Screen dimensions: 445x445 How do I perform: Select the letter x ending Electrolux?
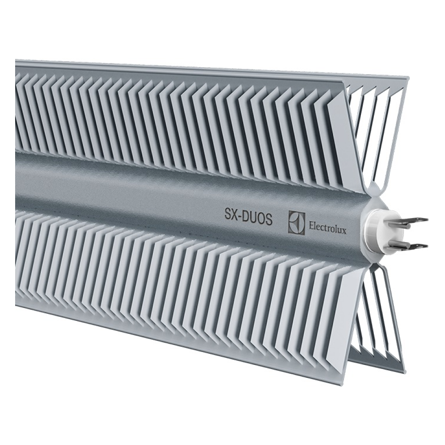[344, 231]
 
